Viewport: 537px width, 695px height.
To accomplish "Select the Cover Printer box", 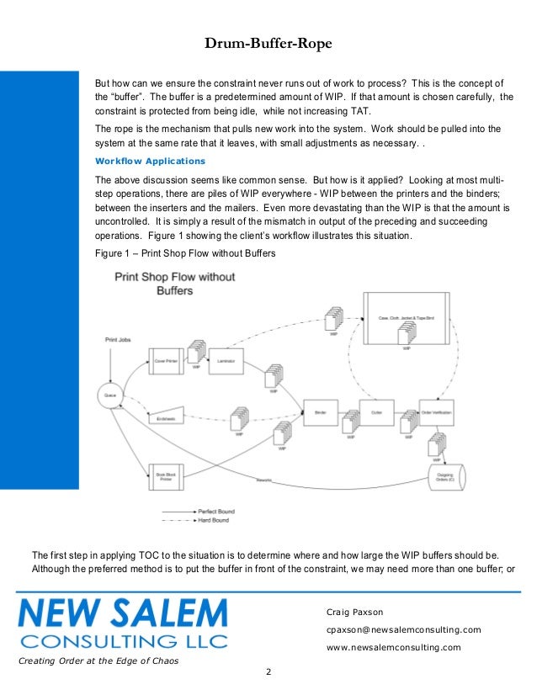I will pyautogui.click(x=166, y=361).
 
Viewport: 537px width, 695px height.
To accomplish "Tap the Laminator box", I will pyautogui.click(x=225, y=361).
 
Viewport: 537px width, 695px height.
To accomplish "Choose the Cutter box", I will pyautogui.click(x=377, y=412).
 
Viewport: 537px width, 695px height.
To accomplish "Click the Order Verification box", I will pyautogui.click(x=437, y=412).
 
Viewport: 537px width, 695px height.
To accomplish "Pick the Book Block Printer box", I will pyautogui.click(x=166, y=477).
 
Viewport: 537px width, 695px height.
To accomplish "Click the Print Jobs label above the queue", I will pyautogui.click(x=118, y=340).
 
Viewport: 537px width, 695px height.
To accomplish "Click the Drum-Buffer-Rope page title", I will pyautogui.click(x=268, y=44).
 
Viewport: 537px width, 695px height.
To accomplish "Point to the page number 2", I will pyautogui.click(x=268, y=671).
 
